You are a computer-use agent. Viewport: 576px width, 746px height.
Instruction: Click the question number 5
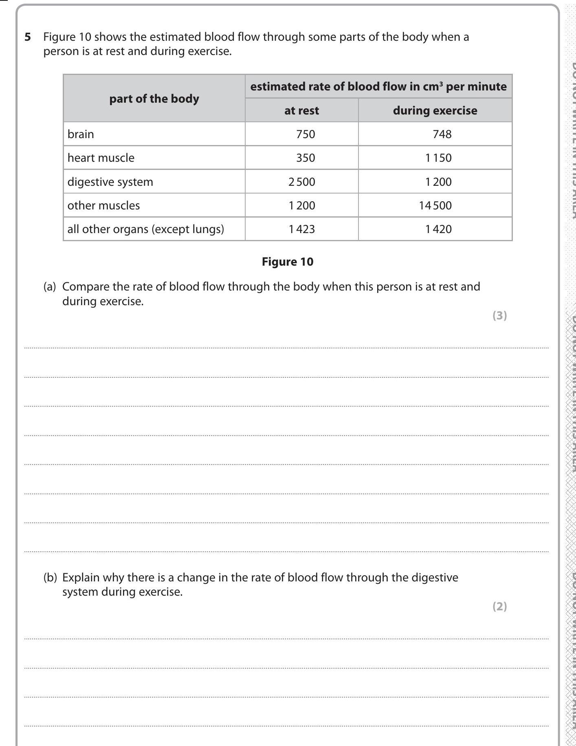pos(28,37)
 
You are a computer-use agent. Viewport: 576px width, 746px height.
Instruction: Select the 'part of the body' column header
pos(154,99)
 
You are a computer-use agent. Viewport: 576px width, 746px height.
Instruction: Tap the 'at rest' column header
pos(301,110)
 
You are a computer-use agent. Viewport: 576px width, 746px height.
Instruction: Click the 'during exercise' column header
pos(435,110)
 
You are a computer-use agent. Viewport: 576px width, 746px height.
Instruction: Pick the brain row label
pos(81,134)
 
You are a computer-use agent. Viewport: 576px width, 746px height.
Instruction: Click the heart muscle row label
pos(101,158)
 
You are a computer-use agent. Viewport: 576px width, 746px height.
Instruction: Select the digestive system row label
pos(110,182)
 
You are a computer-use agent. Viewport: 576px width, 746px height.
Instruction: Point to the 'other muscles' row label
pos(103,205)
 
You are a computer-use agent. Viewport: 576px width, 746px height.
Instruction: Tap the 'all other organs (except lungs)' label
pos(145,229)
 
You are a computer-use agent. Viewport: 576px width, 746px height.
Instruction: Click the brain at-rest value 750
pos(306,134)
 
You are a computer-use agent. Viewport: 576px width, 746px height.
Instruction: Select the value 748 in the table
pos(442,134)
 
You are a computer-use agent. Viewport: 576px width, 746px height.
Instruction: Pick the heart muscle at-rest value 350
pos(306,158)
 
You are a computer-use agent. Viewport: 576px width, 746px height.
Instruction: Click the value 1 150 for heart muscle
pos(438,158)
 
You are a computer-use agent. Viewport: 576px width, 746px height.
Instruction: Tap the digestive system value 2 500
pos(301,182)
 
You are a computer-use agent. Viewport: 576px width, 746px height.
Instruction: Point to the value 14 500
pos(435,205)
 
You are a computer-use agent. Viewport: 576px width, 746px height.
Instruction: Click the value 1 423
pos(301,229)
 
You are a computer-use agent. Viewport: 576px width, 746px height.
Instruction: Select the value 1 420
pos(438,229)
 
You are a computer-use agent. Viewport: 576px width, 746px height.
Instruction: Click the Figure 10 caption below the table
pos(288,262)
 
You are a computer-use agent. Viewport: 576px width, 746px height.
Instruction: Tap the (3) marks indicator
pos(499,315)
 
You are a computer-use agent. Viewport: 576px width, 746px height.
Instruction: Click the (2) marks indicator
pos(499,606)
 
